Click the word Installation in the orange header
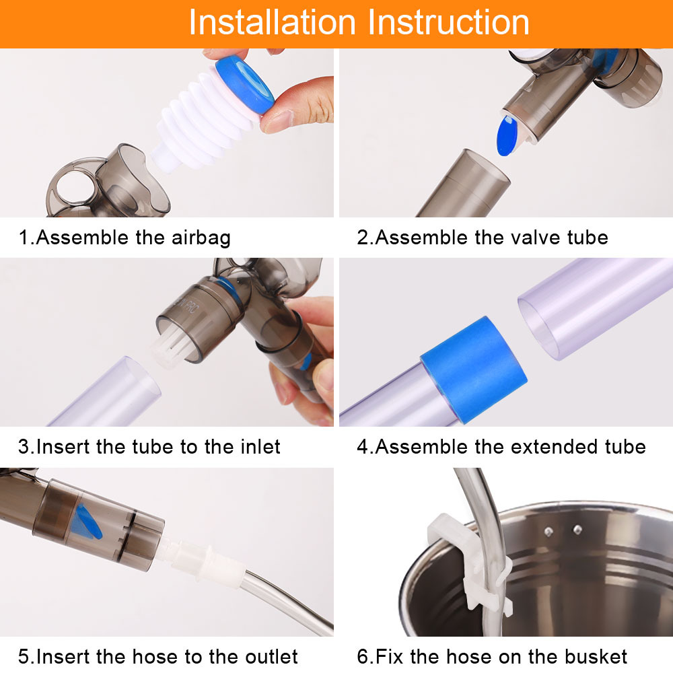[x=273, y=22]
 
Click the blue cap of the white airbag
[x=244, y=85]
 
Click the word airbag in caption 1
[x=201, y=238]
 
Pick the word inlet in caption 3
[x=260, y=447]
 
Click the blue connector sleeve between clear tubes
[x=474, y=370]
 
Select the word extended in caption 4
[x=555, y=447]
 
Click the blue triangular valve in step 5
[x=87, y=522]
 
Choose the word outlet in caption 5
[x=271, y=657]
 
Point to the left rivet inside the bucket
[x=549, y=532]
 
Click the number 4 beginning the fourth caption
[x=363, y=447]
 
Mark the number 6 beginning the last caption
[x=363, y=657]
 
